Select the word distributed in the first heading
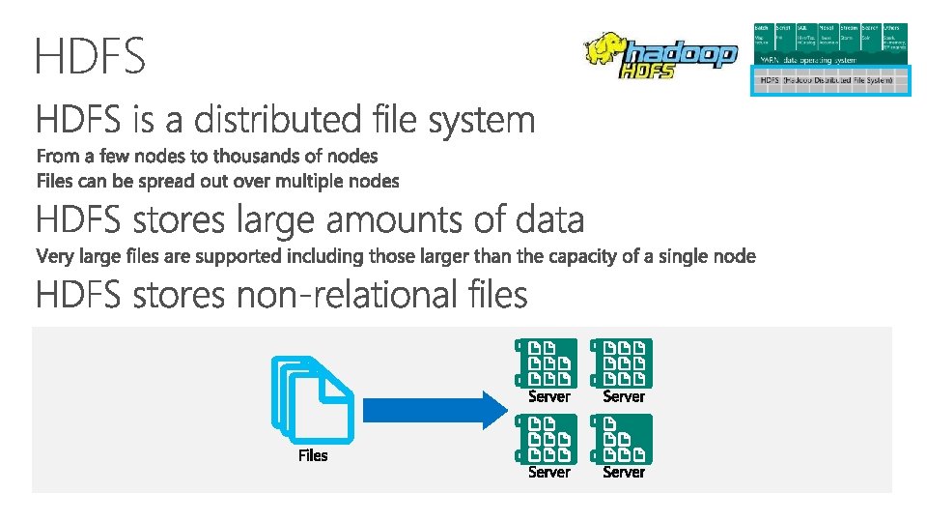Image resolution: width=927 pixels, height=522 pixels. coord(277,121)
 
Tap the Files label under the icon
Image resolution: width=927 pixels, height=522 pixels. coord(313,455)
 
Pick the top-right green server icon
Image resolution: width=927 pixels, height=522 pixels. coord(623,362)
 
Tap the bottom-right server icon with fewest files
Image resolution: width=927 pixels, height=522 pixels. coord(623,438)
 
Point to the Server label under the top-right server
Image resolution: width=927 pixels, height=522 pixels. coord(624,396)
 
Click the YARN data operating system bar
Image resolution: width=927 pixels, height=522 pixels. coord(829,60)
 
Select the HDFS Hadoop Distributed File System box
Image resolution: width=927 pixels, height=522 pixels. coord(829,80)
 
